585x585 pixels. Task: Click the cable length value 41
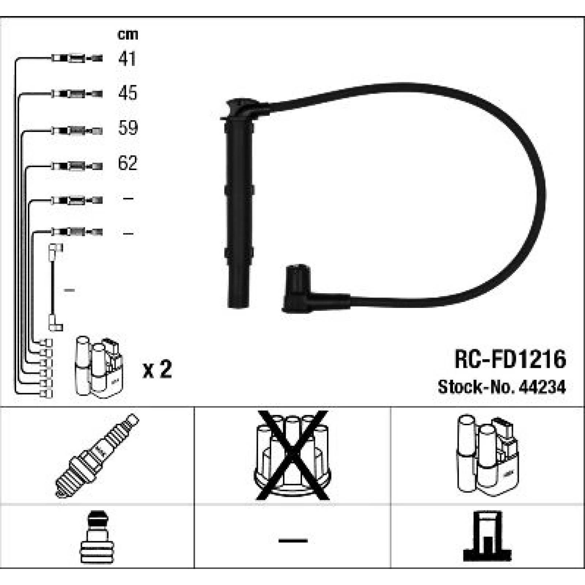pyautogui.click(x=127, y=58)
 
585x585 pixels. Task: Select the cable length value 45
pyautogui.click(x=128, y=93)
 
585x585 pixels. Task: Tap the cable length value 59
pyautogui.click(x=128, y=128)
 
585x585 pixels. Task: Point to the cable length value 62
pyautogui.click(x=128, y=163)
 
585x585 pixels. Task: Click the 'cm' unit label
pyautogui.click(x=128, y=34)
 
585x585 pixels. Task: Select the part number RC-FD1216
pyautogui.click(x=510, y=359)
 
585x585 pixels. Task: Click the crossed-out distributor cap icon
pyautogui.click(x=292, y=456)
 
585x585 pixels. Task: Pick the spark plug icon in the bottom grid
pyautogui.click(x=97, y=456)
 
